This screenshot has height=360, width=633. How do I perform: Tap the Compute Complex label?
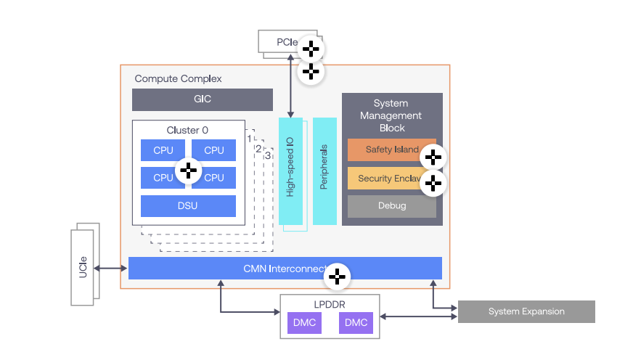point(178,78)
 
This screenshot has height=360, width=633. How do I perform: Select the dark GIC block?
point(202,99)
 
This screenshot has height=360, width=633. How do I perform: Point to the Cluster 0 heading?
point(187,130)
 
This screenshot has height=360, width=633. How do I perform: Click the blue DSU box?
point(187,205)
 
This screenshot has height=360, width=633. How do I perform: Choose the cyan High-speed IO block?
point(290,171)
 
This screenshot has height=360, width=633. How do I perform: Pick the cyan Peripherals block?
point(324,171)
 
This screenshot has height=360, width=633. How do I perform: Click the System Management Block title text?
point(391,115)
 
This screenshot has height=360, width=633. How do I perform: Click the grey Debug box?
point(391,205)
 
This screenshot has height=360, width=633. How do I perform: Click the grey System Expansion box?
point(526,311)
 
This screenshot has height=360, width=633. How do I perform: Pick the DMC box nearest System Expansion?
point(356,322)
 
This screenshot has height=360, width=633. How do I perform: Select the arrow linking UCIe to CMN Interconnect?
point(111,268)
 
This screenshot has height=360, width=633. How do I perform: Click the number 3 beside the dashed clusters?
point(267,155)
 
